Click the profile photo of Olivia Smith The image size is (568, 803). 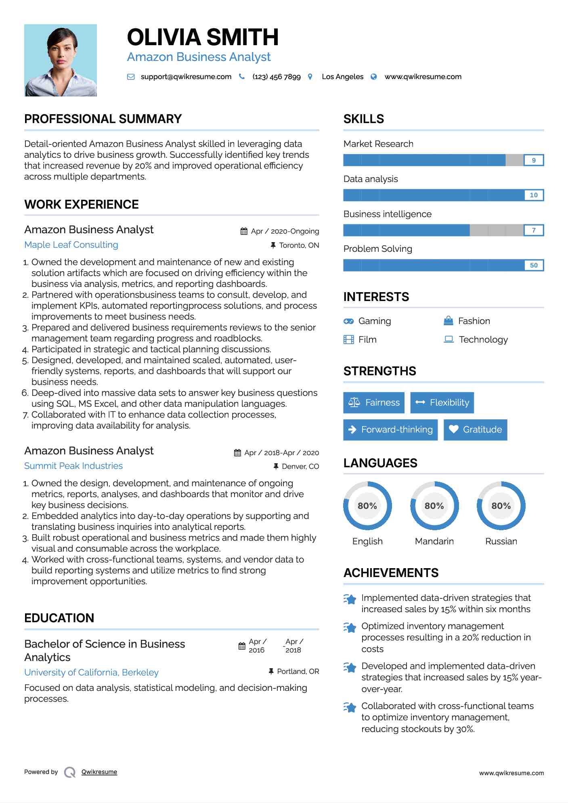pyautogui.click(x=61, y=60)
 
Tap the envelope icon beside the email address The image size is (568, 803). pyautogui.click(x=131, y=77)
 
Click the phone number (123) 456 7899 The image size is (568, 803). pyautogui.click(x=277, y=77)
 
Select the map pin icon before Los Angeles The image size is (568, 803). pyautogui.click(x=310, y=77)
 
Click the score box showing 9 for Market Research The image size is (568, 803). pyautogui.click(x=533, y=160)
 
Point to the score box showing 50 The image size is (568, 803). pyautogui.click(x=533, y=265)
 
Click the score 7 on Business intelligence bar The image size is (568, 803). pyautogui.click(x=533, y=230)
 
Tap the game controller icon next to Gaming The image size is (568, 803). pyautogui.click(x=348, y=321)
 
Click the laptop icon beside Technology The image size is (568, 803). pyautogui.click(x=449, y=339)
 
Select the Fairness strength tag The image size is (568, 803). pyautogui.click(x=374, y=403)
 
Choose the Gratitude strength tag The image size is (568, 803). pyautogui.click(x=475, y=430)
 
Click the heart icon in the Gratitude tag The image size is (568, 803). pyautogui.click(x=454, y=429)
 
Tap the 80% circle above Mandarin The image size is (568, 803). pyautogui.click(x=434, y=506)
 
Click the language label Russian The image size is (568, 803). pyautogui.click(x=501, y=542)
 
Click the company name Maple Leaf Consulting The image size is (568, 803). pyautogui.click(x=71, y=245)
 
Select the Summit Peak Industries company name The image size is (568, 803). pyautogui.click(x=73, y=466)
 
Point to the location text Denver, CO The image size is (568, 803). pyautogui.click(x=300, y=466)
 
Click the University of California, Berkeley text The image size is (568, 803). pyautogui.click(x=91, y=673)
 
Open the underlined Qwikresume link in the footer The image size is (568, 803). pyautogui.click(x=99, y=772)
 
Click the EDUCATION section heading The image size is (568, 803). pyautogui.click(x=59, y=618)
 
